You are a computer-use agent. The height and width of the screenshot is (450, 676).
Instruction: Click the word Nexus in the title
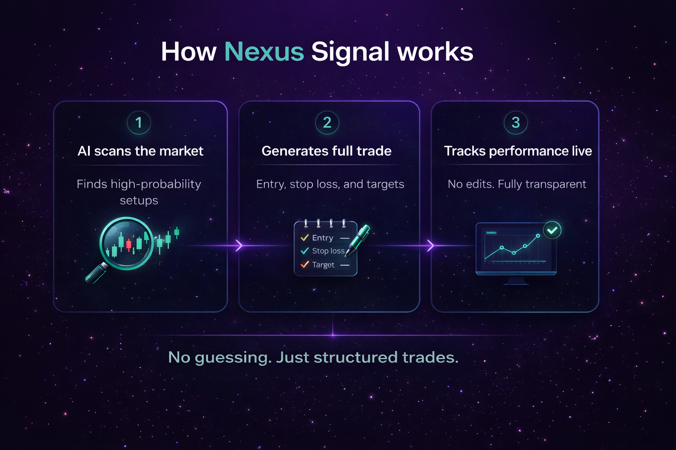click(x=264, y=52)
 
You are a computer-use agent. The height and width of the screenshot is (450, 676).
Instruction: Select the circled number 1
click(x=139, y=123)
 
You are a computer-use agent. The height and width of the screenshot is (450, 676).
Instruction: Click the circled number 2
click(x=327, y=123)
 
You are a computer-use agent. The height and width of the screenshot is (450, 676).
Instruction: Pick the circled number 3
click(x=515, y=123)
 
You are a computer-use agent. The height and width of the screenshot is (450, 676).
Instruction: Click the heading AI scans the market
click(x=140, y=151)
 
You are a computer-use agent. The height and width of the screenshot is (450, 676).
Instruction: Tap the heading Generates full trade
click(x=327, y=151)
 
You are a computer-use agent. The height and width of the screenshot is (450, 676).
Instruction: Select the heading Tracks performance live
click(x=518, y=151)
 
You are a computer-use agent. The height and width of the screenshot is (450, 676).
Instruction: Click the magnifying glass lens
click(x=126, y=243)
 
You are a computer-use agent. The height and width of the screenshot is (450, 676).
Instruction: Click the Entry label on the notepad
click(x=323, y=238)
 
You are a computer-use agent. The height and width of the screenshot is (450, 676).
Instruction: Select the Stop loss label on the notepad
click(x=328, y=251)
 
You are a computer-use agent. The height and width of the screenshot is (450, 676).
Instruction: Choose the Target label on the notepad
click(x=323, y=265)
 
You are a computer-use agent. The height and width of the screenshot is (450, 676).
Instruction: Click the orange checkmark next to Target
click(x=305, y=265)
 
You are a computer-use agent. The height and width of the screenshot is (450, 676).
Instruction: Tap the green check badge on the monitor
click(x=552, y=230)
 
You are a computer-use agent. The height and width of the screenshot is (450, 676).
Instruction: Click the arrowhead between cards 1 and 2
click(x=239, y=246)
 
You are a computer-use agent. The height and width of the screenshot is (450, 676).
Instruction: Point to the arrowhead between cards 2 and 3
click(x=430, y=246)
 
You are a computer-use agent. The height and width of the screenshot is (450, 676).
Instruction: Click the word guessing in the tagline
click(x=233, y=358)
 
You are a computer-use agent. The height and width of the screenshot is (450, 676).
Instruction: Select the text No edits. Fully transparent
click(x=517, y=184)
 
